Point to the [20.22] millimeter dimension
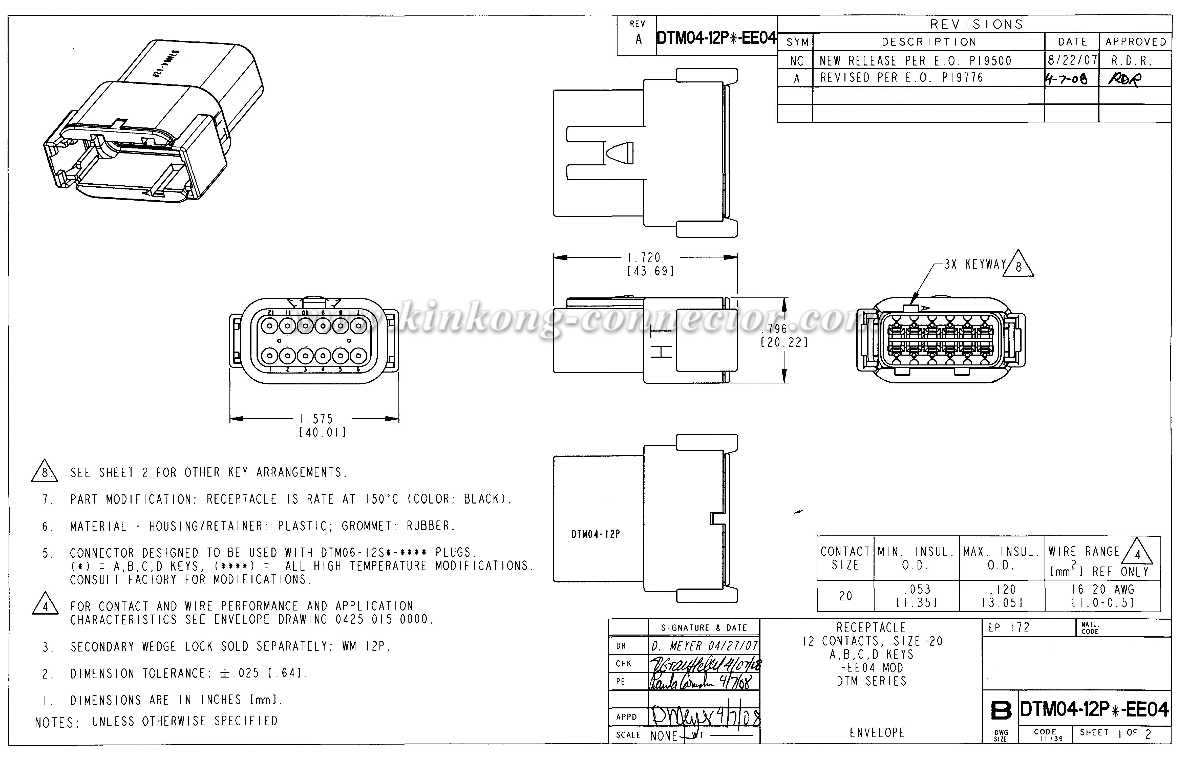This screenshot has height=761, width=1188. [784, 342]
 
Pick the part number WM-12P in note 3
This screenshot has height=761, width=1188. [366, 646]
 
